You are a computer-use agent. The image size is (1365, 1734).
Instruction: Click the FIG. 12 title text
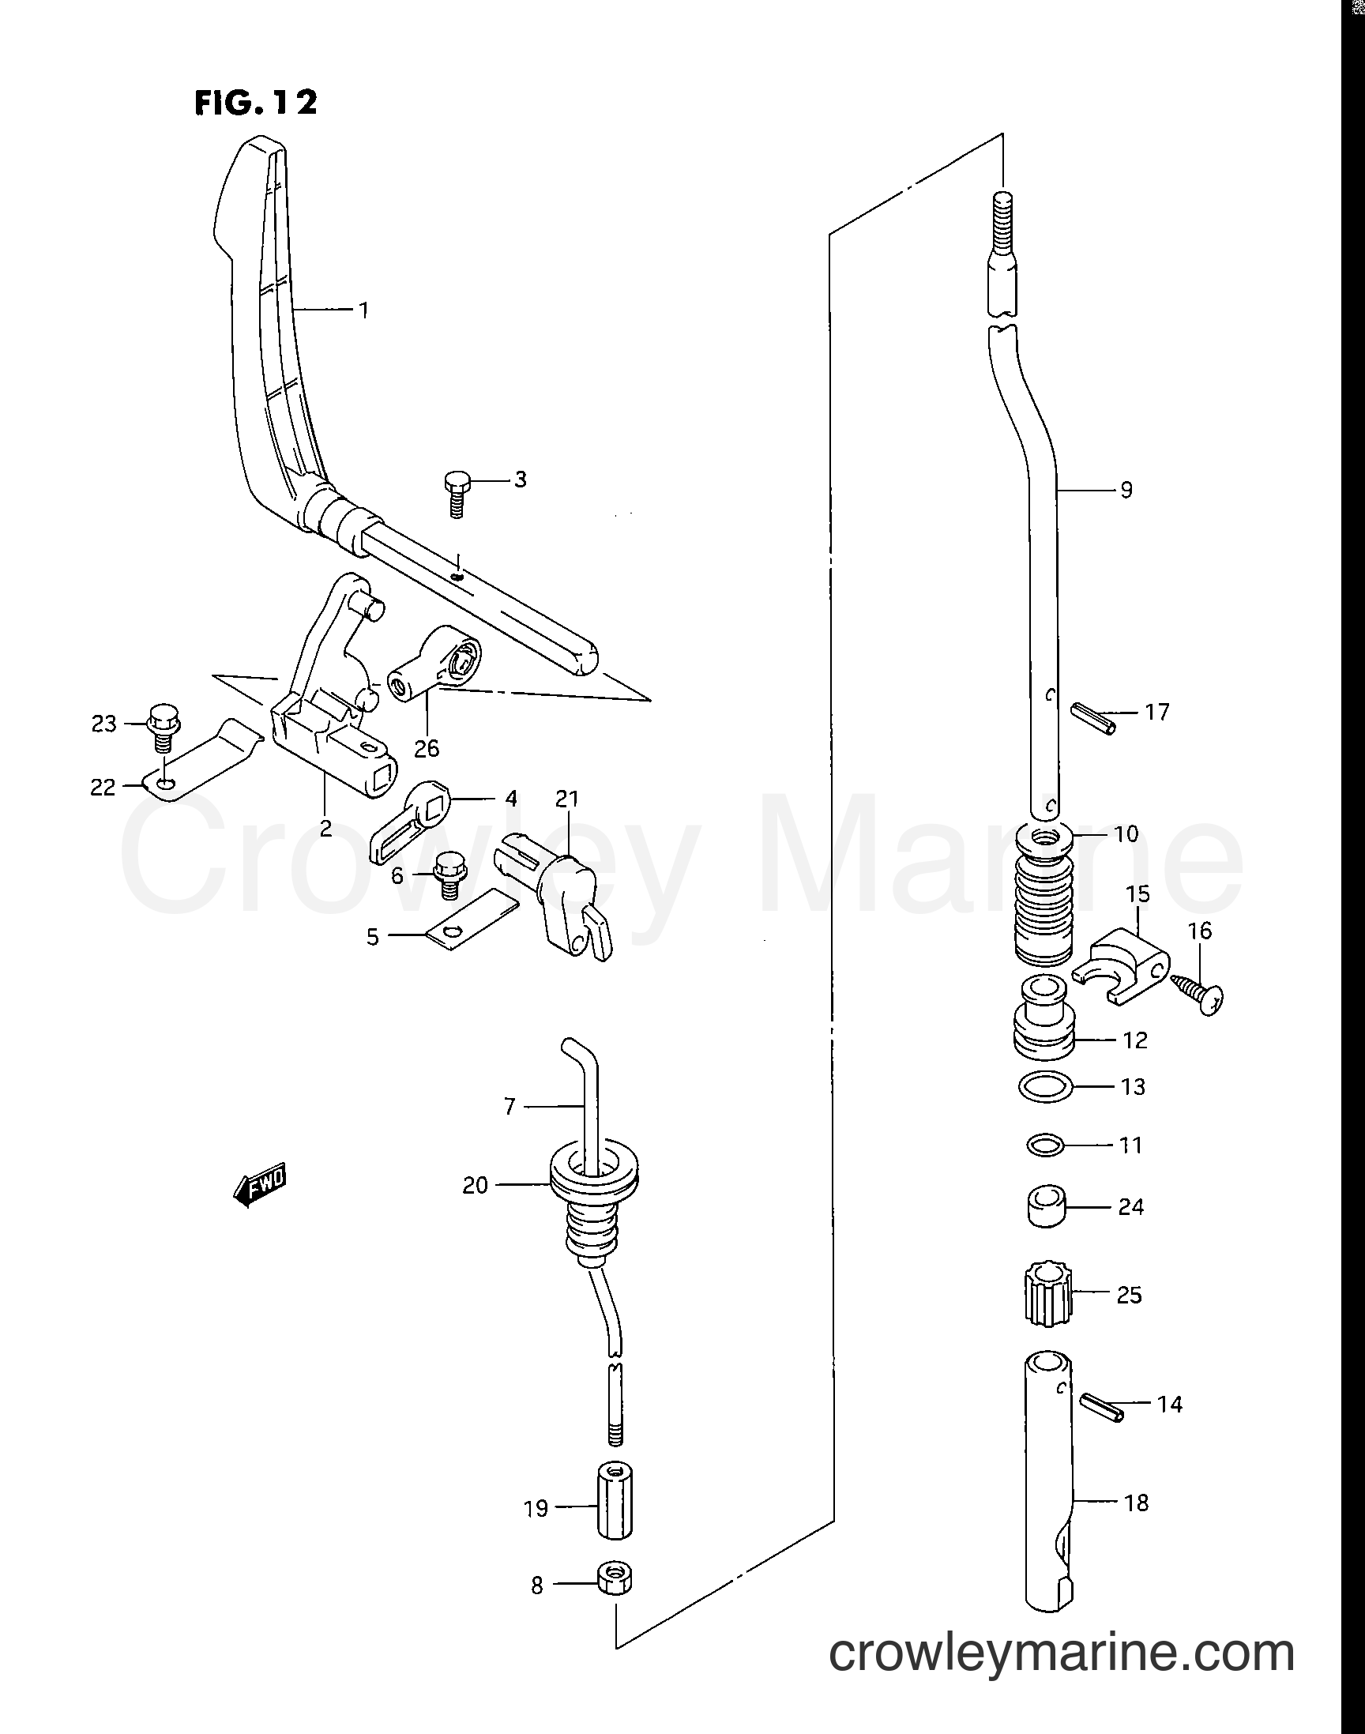(x=256, y=102)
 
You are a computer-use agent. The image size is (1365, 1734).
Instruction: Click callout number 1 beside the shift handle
(x=363, y=309)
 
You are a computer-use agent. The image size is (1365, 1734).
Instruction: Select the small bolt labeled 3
(x=457, y=494)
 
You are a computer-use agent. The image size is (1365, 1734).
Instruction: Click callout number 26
(x=427, y=748)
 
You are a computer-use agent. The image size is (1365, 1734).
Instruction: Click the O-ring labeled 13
(x=1047, y=1088)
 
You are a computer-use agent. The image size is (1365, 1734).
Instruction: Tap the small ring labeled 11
(x=1045, y=1146)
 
